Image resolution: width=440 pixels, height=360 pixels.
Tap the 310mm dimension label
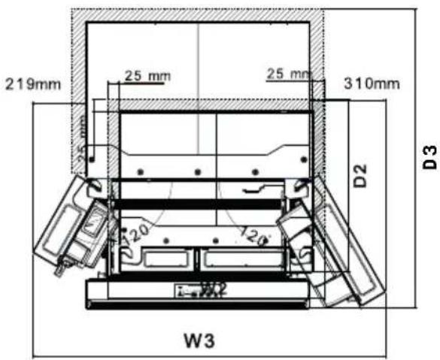click(x=371, y=83)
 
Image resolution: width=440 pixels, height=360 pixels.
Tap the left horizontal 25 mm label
click(x=147, y=75)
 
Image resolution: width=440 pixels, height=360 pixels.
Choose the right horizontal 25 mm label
click(x=288, y=74)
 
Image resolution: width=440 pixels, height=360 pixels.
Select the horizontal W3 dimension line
click(x=209, y=355)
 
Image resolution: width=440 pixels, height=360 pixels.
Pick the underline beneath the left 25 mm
click(x=136, y=83)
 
